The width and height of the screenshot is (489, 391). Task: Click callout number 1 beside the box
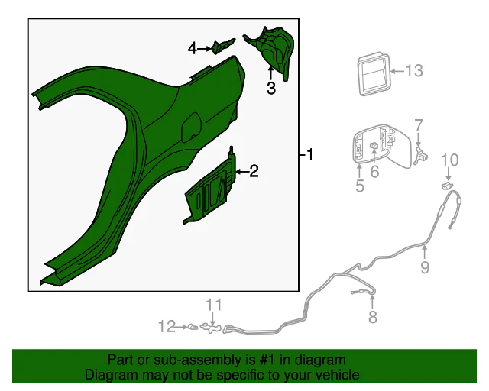309,155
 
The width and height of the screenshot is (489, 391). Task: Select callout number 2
254,171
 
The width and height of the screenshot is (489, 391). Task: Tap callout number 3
271,88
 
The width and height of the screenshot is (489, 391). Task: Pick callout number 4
193,49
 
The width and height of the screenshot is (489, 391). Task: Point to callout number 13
414,71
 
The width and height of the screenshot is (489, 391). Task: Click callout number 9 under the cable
425,267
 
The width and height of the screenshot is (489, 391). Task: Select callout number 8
373,317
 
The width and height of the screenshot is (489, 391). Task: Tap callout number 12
167,326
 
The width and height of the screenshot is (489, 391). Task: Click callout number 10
450,160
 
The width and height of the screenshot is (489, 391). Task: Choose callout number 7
419,125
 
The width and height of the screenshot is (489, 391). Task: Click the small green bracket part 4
222,46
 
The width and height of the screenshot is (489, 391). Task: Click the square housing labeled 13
374,74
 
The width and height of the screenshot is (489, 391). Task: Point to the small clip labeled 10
446,186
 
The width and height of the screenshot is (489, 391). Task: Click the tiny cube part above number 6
374,145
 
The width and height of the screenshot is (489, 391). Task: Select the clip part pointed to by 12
193,327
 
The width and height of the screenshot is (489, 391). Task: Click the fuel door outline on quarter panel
191,126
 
